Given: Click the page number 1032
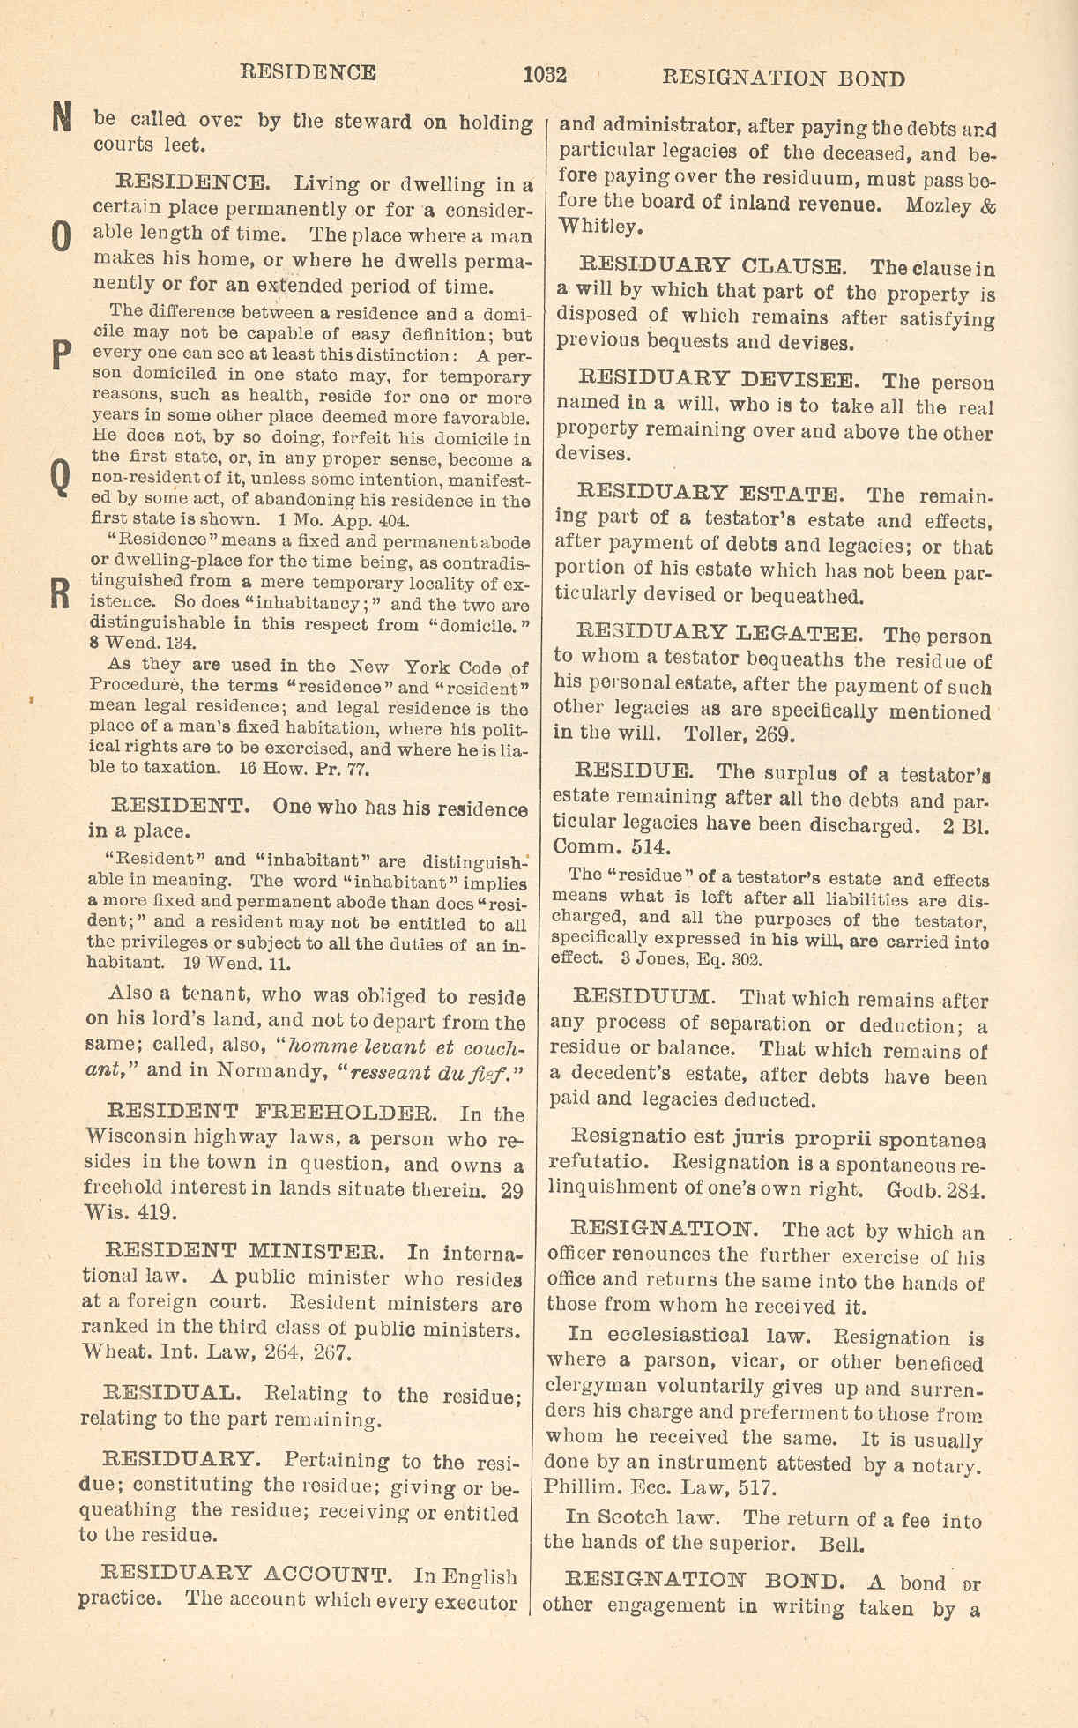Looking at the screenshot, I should pyautogui.click(x=544, y=75).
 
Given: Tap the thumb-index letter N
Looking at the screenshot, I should pyautogui.click(x=60, y=117).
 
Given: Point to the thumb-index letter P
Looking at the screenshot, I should pyautogui.click(x=60, y=356).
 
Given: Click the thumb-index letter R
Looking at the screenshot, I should pyautogui.click(x=60, y=595).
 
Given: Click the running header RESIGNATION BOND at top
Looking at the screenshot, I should pyautogui.click(x=783, y=78).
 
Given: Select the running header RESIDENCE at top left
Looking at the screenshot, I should pyautogui.click(x=308, y=72).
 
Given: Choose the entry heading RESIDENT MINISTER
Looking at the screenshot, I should pyautogui.click(x=244, y=1251).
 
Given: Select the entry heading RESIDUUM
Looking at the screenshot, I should pyautogui.click(x=643, y=997).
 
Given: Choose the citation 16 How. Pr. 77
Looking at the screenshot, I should pyautogui.click(x=304, y=768).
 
